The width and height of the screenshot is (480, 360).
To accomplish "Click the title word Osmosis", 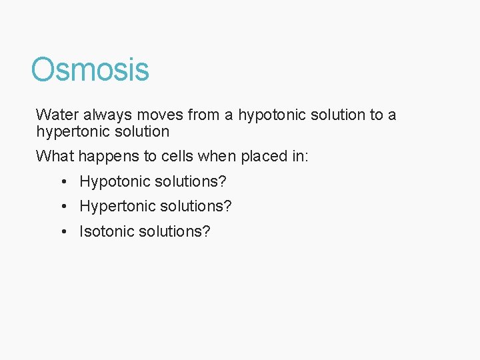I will coord(90,69).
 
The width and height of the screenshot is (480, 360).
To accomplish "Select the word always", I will coord(109,115).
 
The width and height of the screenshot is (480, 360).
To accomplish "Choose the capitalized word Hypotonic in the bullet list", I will coord(111,181).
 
